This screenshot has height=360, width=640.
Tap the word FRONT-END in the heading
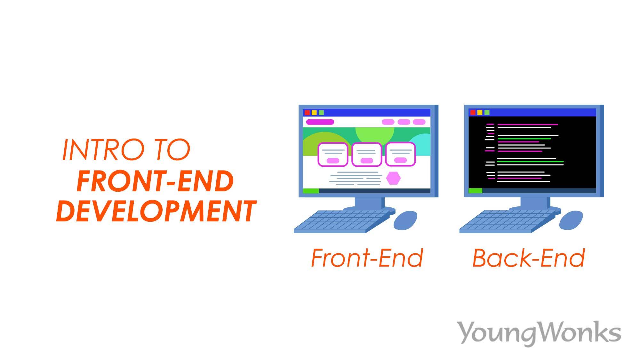click(155, 181)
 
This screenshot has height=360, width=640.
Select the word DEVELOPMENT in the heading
click(156, 211)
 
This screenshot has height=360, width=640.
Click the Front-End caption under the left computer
click(367, 258)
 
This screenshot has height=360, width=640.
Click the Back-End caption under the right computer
click(529, 258)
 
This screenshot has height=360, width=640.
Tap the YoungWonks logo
click(540, 333)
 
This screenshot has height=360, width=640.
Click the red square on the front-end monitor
click(307, 113)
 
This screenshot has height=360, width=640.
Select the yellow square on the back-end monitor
click(480, 113)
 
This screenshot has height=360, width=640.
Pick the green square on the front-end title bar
click(321, 113)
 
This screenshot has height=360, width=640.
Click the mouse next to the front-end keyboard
click(405, 220)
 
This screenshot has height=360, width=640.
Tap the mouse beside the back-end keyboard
click(571, 220)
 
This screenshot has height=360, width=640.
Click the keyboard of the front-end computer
click(341, 221)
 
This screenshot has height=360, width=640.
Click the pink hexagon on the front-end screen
click(393, 178)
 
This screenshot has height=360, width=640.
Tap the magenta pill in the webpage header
click(320, 122)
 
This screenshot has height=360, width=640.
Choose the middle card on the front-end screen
click(366, 155)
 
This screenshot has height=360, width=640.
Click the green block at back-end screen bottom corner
click(475, 191)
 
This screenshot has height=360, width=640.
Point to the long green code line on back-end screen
click(530, 162)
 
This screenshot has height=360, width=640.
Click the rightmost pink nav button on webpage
click(419, 122)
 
